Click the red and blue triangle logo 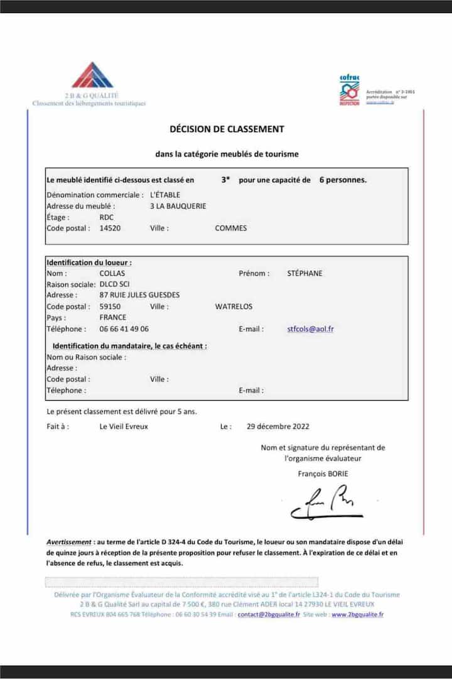click(92, 75)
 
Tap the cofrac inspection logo click(349, 90)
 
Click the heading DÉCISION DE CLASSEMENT click(227, 129)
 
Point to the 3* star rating click(225, 180)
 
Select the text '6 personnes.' click(343, 180)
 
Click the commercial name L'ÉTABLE click(165, 195)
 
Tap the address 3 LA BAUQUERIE click(178, 206)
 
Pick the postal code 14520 click(110, 228)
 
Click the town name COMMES click(230, 228)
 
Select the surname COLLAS click(112, 273)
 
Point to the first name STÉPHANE click(304, 273)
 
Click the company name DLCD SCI click(114, 284)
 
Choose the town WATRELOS click(234, 307)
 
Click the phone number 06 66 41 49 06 click(124, 329)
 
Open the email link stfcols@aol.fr click(310, 329)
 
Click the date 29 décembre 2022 click(278, 426)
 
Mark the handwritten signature click(326, 502)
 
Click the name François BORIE click(323, 474)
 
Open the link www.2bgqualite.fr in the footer click(357, 614)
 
